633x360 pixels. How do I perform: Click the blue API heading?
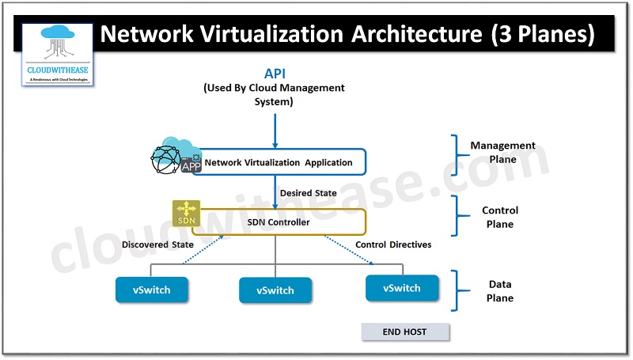point(274,73)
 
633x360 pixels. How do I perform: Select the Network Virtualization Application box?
point(279,162)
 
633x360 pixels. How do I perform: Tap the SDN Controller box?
point(278,222)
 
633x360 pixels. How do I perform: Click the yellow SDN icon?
point(184,213)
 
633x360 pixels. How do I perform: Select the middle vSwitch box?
point(275,290)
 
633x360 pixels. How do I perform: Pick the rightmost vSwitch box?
point(402,288)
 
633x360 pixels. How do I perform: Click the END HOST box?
point(405,332)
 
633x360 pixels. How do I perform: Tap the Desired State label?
point(308,193)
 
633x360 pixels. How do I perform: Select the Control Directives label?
point(393,244)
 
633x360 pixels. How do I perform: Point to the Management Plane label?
point(502,152)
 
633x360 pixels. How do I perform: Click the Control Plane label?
point(500,217)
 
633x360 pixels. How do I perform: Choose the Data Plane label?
point(499,291)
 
